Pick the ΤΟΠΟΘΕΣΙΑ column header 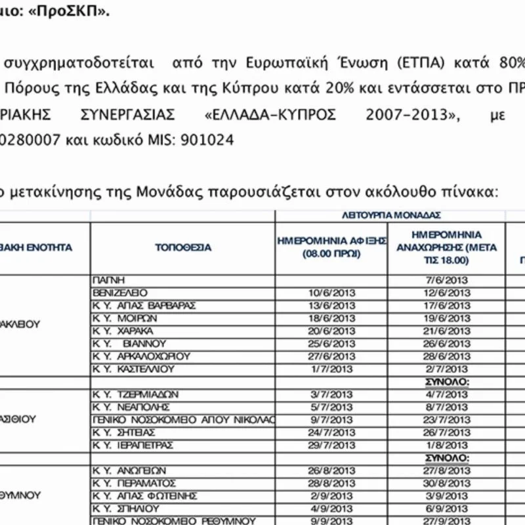pyautogui.click(x=183, y=248)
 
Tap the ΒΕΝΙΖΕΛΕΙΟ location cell pyautogui.click(x=121, y=293)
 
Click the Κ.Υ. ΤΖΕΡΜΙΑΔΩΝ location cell pyautogui.click(x=138, y=394)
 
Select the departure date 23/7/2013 pyautogui.click(x=448, y=420)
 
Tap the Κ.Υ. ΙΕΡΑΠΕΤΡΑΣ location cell pyautogui.click(x=135, y=445)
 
